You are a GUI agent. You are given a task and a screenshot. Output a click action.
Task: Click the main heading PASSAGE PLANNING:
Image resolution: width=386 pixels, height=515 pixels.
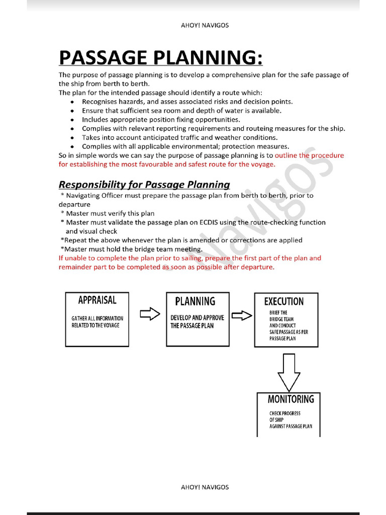pos(160,57)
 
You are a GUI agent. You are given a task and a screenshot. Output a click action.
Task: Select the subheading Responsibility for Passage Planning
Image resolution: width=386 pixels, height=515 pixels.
pos(144,184)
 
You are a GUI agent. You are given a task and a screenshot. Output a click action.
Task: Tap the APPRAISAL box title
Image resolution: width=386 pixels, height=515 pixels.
pos(97,300)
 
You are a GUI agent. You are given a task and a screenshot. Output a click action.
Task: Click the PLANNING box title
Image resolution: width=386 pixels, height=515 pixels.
pos(195,301)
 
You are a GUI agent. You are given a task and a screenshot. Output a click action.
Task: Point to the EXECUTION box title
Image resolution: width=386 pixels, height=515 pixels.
pos(284,301)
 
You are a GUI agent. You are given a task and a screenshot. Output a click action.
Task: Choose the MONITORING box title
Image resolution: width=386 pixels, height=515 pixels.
pos(291,399)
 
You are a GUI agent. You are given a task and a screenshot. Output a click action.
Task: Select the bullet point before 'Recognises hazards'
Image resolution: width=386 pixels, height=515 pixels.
pos(73,102)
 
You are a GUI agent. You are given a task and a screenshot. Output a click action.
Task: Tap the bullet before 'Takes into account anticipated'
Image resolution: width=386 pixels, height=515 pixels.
pos(73,138)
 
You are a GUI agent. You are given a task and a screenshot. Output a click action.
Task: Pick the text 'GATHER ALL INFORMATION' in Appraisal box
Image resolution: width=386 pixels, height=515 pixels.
pos(97,318)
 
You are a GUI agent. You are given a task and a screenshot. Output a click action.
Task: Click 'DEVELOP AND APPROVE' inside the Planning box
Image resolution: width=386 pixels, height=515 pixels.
pos(197,318)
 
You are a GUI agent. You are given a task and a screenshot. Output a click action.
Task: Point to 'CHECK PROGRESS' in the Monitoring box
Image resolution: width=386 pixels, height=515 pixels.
pos(285,413)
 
